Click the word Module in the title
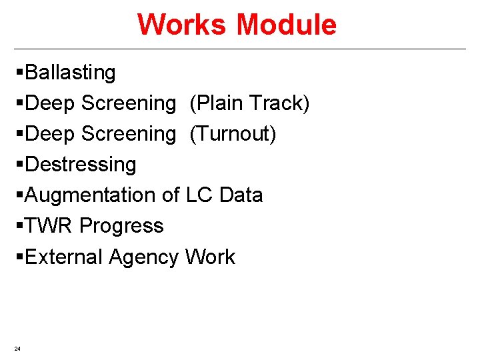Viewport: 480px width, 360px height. [286, 25]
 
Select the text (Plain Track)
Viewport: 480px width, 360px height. [250, 103]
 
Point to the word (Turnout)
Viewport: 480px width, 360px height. [233, 134]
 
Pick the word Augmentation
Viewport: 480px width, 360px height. [91, 195]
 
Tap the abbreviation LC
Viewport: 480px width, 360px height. [199, 195]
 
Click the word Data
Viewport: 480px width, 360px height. [241, 195]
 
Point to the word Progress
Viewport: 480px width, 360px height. [121, 226]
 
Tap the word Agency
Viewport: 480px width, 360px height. [145, 257]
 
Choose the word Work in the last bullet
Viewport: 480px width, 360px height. [210, 257]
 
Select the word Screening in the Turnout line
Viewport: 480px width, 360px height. [128, 134]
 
